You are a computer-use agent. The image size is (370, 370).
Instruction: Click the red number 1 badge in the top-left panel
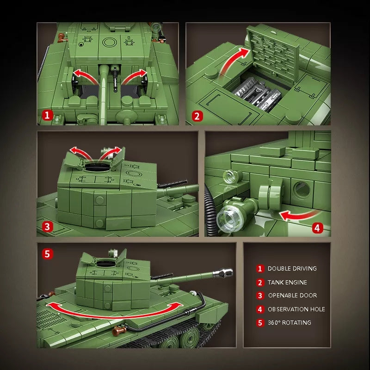[47, 116]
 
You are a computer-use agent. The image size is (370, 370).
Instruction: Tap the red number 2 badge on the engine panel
[197, 116]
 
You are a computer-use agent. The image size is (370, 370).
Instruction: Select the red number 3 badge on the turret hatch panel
[47, 227]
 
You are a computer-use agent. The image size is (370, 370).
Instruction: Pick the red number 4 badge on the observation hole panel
[316, 227]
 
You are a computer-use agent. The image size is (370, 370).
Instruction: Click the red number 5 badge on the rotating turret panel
[47, 253]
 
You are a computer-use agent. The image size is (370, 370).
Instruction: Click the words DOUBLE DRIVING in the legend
[292, 268]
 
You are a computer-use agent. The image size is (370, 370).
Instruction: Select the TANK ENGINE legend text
[287, 282]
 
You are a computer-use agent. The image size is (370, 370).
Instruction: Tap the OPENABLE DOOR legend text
[292, 296]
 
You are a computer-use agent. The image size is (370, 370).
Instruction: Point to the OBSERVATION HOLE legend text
[296, 309]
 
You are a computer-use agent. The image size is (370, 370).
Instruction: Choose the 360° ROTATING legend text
[289, 322]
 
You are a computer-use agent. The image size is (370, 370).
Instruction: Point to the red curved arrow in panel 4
[301, 214]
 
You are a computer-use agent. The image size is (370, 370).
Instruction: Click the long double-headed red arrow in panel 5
[113, 311]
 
